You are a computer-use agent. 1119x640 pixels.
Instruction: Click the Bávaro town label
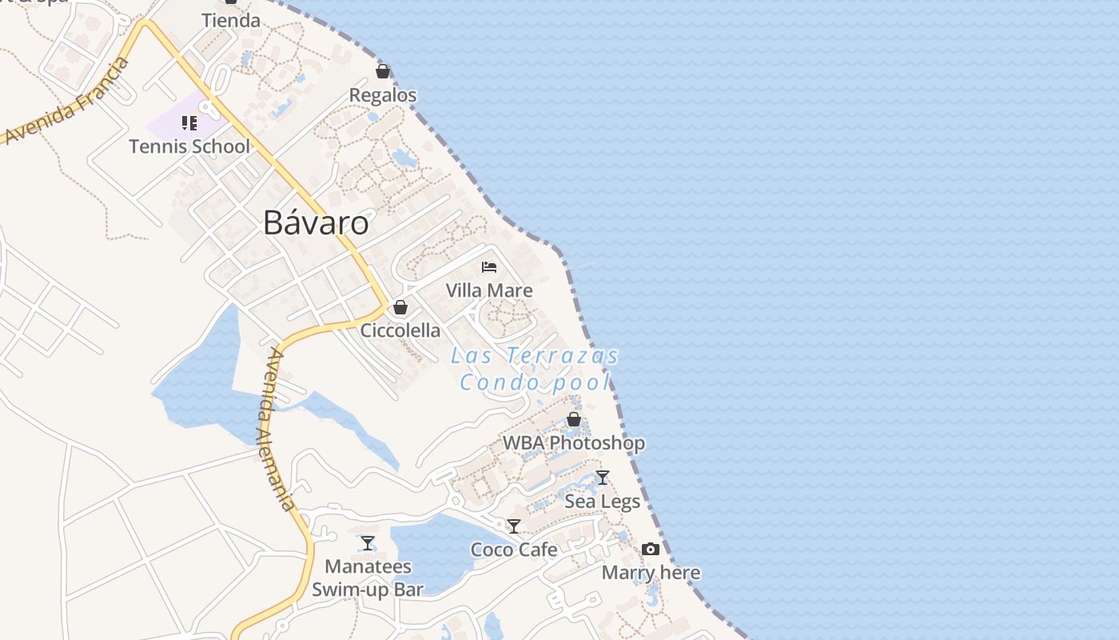tap(316, 223)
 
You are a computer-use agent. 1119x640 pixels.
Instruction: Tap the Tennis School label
tap(189, 146)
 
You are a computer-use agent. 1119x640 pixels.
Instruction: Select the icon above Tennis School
tap(189, 123)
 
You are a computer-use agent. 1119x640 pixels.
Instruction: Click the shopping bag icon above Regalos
tap(383, 72)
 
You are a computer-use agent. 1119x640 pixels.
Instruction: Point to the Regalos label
tap(383, 95)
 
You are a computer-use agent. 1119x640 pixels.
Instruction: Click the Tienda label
tap(231, 21)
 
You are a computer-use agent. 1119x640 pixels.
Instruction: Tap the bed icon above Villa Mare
tap(489, 267)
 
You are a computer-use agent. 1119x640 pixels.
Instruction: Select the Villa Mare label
tap(489, 290)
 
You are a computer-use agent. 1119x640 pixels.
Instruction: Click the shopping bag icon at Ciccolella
tap(400, 307)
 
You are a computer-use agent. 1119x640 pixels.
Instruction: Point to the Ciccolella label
tap(400, 330)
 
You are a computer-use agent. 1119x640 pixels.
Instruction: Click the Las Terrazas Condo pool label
tap(535, 369)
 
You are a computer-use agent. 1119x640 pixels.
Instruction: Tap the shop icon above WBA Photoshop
tap(573, 419)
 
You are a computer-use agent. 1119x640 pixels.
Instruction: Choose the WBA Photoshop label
tap(573, 442)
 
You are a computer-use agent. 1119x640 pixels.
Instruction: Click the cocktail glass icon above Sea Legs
tap(603, 478)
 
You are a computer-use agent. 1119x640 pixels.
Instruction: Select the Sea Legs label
tap(603, 502)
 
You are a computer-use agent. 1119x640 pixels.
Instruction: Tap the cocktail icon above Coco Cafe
tap(514, 526)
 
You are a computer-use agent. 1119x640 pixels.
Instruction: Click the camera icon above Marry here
tap(651, 549)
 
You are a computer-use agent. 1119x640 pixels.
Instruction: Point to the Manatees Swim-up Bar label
tap(368, 578)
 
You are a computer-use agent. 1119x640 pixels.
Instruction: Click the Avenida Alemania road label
tap(277, 430)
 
